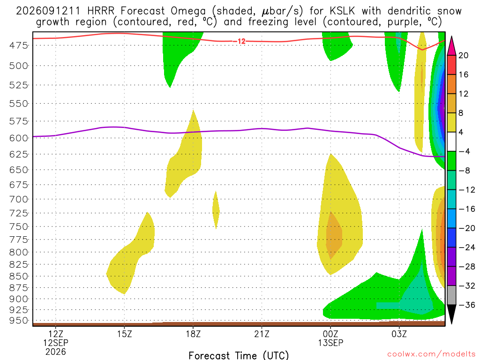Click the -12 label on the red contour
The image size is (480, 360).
(241, 41)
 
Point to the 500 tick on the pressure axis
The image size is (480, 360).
(18, 66)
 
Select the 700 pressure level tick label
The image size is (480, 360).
(18, 199)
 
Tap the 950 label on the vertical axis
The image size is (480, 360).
(18, 321)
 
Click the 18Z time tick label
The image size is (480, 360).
(193, 334)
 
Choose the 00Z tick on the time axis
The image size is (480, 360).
(330, 334)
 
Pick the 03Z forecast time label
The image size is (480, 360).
(399, 334)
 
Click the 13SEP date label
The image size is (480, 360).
(330, 343)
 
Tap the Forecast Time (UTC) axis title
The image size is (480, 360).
(239, 355)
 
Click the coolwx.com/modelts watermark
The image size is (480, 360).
(431, 354)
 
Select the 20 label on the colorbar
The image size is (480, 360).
(463, 55)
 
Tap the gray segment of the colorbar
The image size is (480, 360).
(451, 295)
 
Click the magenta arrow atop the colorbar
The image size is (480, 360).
(451, 46)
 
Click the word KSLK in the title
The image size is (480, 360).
(342, 11)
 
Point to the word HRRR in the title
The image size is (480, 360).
(101, 11)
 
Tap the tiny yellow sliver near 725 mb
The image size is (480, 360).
(216, 210)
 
